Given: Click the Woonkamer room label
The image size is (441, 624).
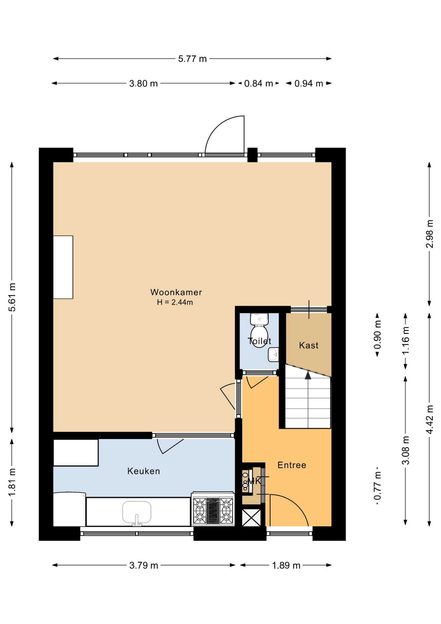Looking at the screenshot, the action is [x=176, y=292].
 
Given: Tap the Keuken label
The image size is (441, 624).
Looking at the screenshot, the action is [x=144, y=471].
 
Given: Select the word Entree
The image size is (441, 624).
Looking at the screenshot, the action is [x=292, y=465].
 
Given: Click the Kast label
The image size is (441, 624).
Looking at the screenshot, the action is [x=309, y=345].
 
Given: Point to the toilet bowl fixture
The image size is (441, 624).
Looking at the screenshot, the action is [x=259, y=331].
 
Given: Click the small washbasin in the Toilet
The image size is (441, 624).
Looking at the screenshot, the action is [x=273, y=355].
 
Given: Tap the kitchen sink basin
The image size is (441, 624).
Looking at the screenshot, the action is [x=137, y=513].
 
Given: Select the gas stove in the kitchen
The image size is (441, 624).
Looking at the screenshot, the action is [x=213, y=509].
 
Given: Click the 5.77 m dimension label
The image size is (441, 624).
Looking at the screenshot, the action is [x=192, y=59].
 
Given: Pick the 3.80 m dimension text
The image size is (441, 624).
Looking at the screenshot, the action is [x=144, y=84].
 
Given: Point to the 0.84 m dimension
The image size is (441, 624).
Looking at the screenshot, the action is [x=258, y=84].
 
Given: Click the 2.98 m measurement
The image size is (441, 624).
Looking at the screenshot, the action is [x=429, y=234].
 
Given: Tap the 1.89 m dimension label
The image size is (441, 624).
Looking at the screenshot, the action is [x=286, y=565].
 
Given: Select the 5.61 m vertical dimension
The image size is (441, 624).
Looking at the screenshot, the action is [x=12, y=297].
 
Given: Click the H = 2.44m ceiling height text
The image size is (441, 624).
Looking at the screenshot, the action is [x=175, y=302].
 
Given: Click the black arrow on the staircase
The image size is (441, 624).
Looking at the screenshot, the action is [x=308, y=375].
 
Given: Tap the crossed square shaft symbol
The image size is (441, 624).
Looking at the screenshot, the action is [x=252, y=517].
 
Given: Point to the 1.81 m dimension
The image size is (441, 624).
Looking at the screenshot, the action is [x=12, y=482].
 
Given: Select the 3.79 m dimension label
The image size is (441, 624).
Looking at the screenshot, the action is [x=144, y=565].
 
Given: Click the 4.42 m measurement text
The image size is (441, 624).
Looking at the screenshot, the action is [x=429, y=420].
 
